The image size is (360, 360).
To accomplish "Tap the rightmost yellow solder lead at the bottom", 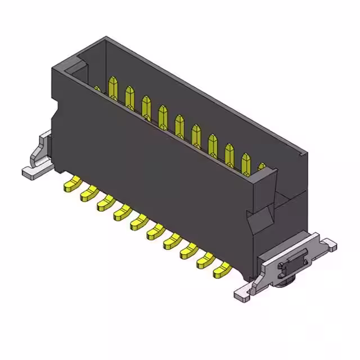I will [x=221, y=270].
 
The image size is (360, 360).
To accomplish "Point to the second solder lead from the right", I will [x=205, y=260].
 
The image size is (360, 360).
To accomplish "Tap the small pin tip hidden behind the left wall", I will [x=97, y=88].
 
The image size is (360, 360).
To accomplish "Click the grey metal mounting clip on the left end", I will [x=40, y=155].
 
